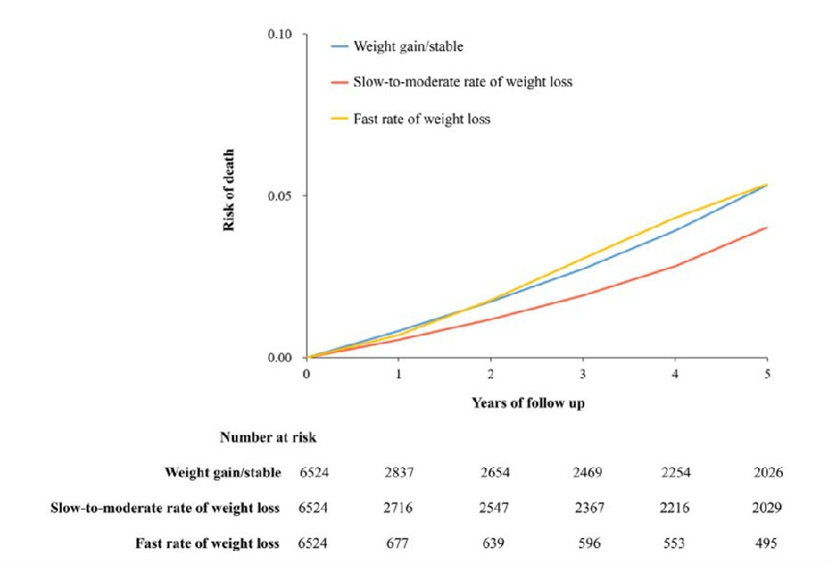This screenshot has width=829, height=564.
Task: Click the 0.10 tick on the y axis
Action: (x=280, y=34)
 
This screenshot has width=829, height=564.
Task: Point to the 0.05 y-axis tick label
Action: (x=280, y=196)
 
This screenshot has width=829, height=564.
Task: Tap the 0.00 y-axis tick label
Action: (x=280, y=358)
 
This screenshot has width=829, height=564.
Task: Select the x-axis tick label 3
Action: (x=582, y=374)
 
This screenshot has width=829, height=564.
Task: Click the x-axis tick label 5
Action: (x=766, y=374)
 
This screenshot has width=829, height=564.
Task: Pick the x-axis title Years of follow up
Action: (x=527, y=403)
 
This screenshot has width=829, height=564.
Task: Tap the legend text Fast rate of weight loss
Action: (x=422, y=119)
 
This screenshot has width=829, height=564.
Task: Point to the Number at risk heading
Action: (x=267, y=438)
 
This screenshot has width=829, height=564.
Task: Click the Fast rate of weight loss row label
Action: (x=207, y=543)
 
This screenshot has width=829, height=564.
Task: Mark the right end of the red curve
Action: (x=766, y=228)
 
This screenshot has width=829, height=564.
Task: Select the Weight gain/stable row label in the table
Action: (x=223, y=473)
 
